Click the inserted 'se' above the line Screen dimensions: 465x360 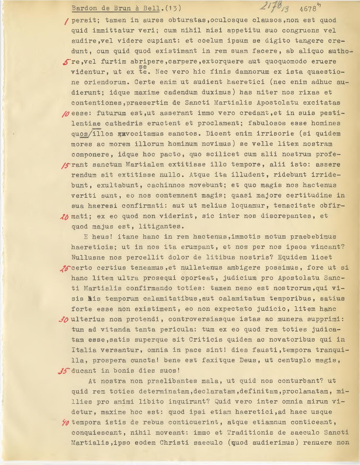(x=143, y=66)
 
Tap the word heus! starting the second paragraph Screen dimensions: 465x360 (x=102, y=237)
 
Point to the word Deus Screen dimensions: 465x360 (x=250, y=360)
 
